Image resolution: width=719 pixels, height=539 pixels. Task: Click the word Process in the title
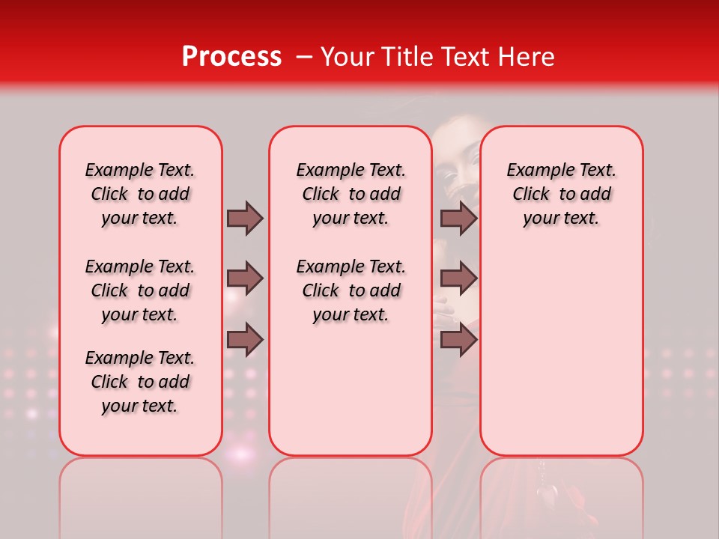[231, 57]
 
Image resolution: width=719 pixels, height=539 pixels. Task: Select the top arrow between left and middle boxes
[245, 218]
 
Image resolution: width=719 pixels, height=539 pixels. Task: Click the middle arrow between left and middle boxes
[245, 278]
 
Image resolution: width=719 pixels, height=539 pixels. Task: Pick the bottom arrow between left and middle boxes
[245, 339]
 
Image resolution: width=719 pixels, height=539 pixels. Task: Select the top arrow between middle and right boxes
[458, 218]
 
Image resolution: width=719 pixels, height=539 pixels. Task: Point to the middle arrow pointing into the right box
[458, 278]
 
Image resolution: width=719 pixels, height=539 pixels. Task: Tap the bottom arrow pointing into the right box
[458, 339]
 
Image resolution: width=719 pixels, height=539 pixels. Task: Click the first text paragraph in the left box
[140, 194]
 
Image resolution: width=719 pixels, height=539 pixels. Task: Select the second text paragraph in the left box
[140, 290]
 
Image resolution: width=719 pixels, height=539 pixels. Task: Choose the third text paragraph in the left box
[140, 382]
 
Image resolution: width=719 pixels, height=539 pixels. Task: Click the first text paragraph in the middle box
[351, 194]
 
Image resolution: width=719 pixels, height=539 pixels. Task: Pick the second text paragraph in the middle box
[351, 290]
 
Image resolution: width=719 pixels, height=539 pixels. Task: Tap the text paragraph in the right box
[561, 194]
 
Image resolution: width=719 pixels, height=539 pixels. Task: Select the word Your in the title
[345, 57]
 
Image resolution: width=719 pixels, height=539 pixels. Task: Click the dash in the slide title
[303, 57]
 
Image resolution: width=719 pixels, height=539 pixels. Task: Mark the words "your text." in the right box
[561, 218]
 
